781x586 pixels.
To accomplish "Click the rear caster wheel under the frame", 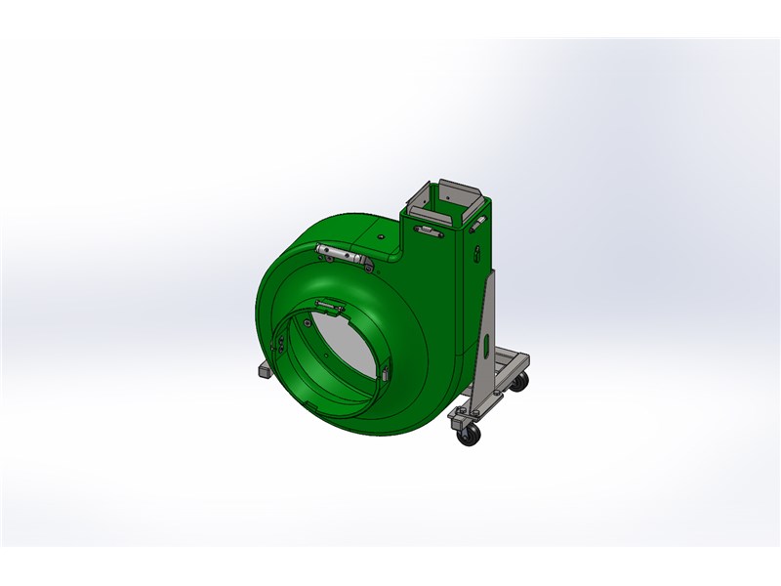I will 520,382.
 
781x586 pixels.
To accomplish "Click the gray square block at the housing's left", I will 262,370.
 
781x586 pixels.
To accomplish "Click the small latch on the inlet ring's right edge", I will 384,373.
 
